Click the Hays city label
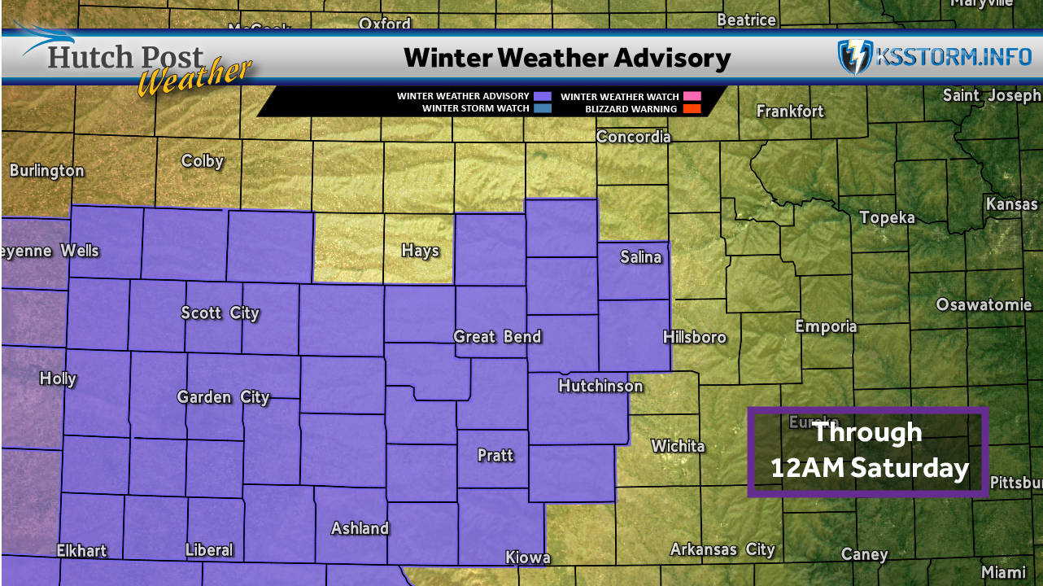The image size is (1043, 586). click(420, 251)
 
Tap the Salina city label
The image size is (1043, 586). click(641, 257)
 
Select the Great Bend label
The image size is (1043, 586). click(497, 336)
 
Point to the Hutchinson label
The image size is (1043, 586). click(600, 386)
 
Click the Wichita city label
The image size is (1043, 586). click(678, 446)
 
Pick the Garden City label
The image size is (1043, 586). click(224, 397)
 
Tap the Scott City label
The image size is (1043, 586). click(220, 313)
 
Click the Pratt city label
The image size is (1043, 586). click(495, 455)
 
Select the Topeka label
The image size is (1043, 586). click(888, 217)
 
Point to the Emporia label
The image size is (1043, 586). click(826, 326)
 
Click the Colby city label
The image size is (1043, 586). click(203, 160)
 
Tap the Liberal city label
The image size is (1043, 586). click(209, 549)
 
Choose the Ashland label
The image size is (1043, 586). click(360, 528)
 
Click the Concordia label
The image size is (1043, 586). click(634, 137)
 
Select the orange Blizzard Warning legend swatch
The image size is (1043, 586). click(691, 108)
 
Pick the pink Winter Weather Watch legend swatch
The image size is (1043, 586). click(691, 96)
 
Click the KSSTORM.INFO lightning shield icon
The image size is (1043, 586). click(855, 58)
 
